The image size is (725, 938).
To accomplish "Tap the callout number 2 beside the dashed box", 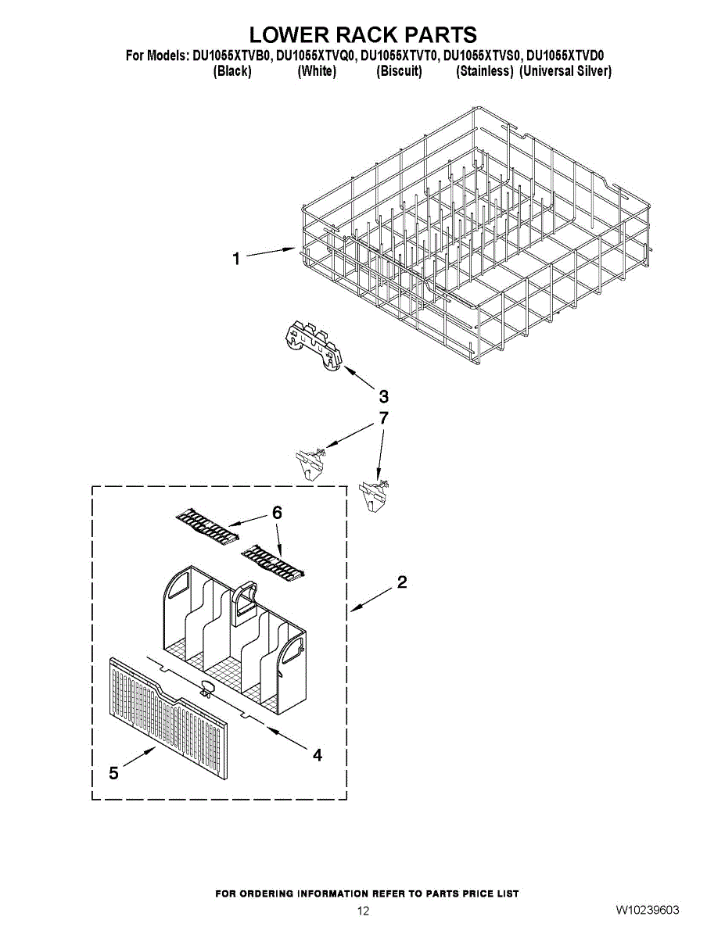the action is coord(402,582).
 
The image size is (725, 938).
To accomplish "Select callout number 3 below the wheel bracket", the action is coord(383,396).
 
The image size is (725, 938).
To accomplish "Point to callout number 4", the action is coord(318,755).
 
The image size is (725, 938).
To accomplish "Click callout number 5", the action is coord(114,773).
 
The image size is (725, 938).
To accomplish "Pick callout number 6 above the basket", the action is coord(277,513).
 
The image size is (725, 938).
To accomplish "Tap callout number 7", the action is coord(383,418).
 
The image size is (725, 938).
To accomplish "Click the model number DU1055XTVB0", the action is coord(232,56).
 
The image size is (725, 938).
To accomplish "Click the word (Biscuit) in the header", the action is coord(399,71).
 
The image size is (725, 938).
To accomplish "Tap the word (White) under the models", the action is coord(317,71).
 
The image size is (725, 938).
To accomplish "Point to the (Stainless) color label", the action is coord(484,71).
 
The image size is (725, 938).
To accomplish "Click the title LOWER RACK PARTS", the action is coord(363,34).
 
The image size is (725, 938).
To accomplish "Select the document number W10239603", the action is coord(647,910).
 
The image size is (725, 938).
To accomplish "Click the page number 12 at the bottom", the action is coord(363,911).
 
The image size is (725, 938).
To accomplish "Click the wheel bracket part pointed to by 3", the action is coord(311,345).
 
